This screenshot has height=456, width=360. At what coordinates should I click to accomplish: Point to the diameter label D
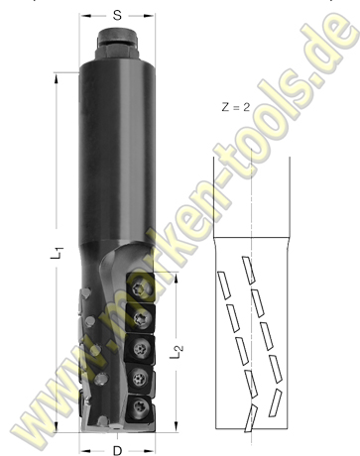117,447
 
